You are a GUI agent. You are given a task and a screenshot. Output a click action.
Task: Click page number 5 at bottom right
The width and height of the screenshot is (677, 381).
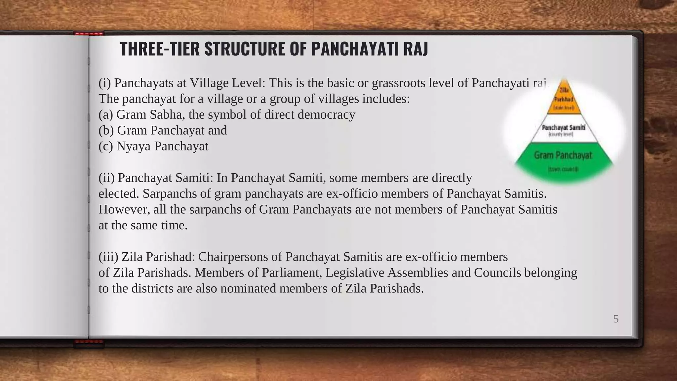pos(616,319)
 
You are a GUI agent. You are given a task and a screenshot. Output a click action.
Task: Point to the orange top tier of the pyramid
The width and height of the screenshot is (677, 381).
pos(564,99)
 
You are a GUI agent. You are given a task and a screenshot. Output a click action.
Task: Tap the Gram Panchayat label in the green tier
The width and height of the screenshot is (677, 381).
pos(563,155)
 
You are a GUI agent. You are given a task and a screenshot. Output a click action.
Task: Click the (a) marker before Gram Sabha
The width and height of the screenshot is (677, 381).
pos(106,114)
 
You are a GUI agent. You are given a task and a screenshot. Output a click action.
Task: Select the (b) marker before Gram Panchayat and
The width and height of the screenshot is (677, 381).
pos(106,130)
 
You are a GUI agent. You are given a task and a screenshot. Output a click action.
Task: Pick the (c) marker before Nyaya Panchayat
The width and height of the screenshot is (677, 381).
pos(106,146)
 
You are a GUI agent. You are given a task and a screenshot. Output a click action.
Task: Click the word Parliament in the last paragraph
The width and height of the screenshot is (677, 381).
pos(292,273)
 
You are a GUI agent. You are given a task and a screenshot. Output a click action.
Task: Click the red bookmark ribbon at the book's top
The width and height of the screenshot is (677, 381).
pos(89,33)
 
